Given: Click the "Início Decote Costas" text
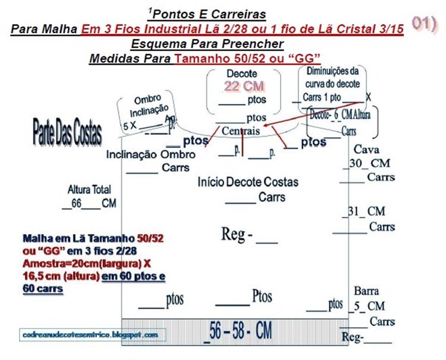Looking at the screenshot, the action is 248,182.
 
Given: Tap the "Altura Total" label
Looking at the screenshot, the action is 89,190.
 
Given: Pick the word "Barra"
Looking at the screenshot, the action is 366,292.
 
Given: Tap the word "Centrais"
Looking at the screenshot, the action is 240,131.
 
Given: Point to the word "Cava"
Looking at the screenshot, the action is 366,149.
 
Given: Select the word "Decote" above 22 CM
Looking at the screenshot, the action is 241,74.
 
